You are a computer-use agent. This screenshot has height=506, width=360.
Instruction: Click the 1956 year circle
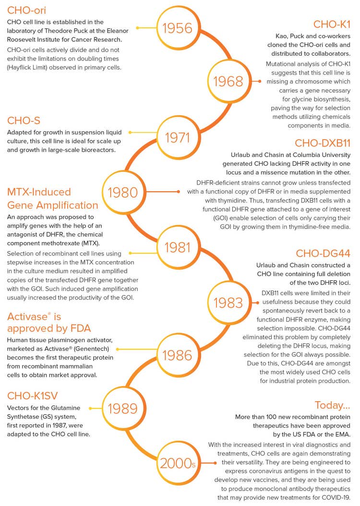[178, 28]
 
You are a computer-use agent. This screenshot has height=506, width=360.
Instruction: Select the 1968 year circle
[228, 82]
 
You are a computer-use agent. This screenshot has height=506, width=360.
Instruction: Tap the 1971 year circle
[178, 138]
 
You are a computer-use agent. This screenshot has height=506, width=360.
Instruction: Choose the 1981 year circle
[178, 247]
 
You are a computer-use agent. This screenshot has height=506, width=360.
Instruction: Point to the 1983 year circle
[228, 302]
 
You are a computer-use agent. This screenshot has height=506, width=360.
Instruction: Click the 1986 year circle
[178, 355]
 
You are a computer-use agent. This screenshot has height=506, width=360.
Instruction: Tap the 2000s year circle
[178, 463]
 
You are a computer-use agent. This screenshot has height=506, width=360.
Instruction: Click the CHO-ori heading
[27, 10]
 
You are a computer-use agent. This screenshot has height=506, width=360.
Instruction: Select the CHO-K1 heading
[332, 24]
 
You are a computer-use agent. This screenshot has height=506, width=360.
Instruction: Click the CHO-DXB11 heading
[322, 143]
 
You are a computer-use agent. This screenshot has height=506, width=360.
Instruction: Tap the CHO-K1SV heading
[32, 396]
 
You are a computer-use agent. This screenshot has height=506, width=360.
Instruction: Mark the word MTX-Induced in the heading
[39, 192]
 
